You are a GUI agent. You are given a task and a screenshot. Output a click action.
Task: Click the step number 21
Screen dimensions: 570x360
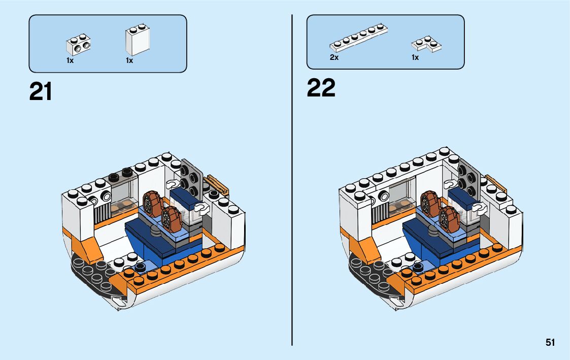[x=41, y=91]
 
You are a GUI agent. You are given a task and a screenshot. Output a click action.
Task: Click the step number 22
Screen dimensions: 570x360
[x=321, y=88]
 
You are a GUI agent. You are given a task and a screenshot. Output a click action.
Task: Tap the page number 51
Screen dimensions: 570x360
[x=550, y=343]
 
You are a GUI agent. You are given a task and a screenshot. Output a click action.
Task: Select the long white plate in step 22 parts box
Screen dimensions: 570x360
[x=359, y=38]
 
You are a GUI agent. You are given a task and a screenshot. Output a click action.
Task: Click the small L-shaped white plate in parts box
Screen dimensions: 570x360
[x=426, y=45]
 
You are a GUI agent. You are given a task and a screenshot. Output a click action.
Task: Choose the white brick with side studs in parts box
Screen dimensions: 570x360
[x=78, y=44]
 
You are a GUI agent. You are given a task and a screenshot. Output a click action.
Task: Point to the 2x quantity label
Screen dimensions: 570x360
[x=334, y=57]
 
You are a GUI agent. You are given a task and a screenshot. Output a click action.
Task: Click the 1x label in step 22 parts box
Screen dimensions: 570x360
[x=415, y=57]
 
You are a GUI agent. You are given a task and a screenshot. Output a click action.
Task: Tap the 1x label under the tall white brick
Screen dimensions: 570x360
[x=129, y=60]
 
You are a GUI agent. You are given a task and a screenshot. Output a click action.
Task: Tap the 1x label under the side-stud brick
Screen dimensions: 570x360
[x=70, y=60]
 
